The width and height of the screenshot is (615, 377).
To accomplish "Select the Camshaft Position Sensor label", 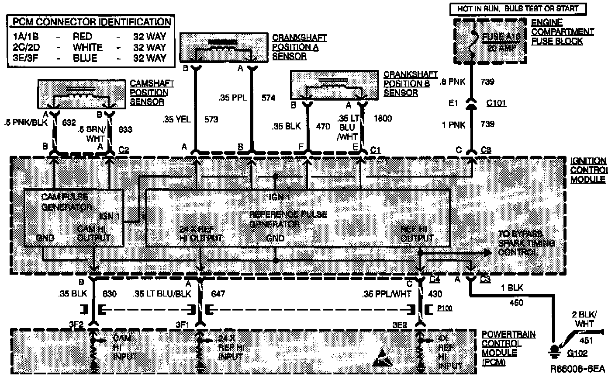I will pyautogui.click(x=149, y=92).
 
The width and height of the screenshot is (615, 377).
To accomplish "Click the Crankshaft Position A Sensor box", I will pyautogui.click(x=224, y=47).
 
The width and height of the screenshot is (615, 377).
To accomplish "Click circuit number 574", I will pyautogui.click(x=268, y=98).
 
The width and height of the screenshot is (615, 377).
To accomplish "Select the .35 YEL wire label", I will pyautogui.click(x=176, y=119).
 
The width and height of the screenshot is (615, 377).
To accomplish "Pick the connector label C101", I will pyautogui.click(x=497, y=103).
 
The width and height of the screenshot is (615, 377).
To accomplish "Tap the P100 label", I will pyautogui.click(x=445, y=309).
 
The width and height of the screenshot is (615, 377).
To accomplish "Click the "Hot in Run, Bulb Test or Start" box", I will pyautogui.click(x=517, y=8).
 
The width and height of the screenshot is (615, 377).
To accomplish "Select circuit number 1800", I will pyautogui.click(x=383, y=118).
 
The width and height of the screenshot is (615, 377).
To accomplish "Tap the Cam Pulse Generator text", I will pyautogui.click(x=66, y=202).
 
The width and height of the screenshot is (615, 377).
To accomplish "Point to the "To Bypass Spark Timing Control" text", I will pyautogui.click(x=526, y=243).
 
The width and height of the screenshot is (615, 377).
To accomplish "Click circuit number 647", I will pyautogui.click(x=218, y=294).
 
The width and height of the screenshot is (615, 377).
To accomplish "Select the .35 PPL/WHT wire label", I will pyautogui.click(x=387, y=294).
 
